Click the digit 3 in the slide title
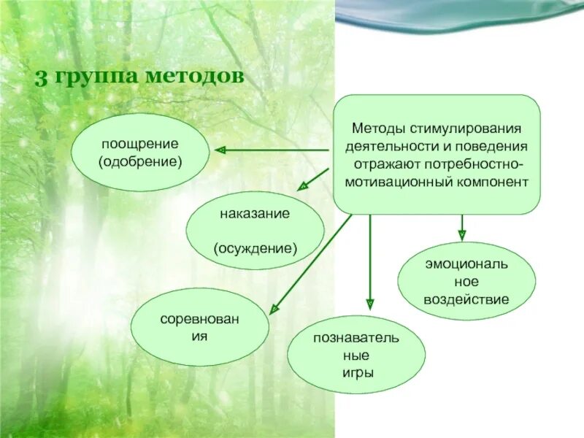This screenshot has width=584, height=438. pyautogui.click(x=41, y=77)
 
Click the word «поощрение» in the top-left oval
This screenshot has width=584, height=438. pyautogui.click(x=139, y=145)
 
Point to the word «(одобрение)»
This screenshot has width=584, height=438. pyautogui.click(x=139, y=161)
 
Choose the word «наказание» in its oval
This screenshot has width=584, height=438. pyautogui.click(x=255, y=214)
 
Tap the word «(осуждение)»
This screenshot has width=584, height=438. pyautogui.click(x=255, y=248)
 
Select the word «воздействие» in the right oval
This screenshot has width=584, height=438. pyautogui.click(x=466, y=299)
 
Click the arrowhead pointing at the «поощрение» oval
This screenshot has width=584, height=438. pyautogui.click(x=220, y=150)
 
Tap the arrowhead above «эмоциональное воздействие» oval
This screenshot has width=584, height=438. pyautogui.click(x=461, y=234)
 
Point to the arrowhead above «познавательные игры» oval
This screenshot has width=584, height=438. pyautogui.click(x=370, y=304)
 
